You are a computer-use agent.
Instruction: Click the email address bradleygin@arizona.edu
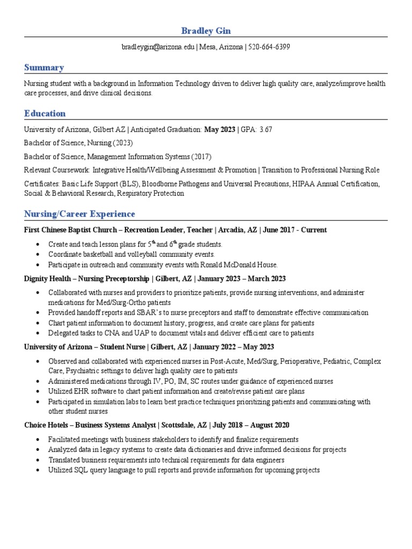click(x=159, y=47)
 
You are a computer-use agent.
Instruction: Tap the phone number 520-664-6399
click(x=269, y=47)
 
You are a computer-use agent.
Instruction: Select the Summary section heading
click(x=44, y=68)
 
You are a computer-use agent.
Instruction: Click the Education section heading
click(x=45, y=113)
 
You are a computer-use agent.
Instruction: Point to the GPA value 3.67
click(x=266, y=130)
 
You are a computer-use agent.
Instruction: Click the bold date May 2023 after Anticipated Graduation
click(x=220, y=130)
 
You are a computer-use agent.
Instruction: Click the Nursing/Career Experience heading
click(x=79, y=214)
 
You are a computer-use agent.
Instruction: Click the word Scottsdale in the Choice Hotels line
click(x=178, y=425)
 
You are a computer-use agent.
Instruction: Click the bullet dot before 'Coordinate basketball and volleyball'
click(x=36, y=255)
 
